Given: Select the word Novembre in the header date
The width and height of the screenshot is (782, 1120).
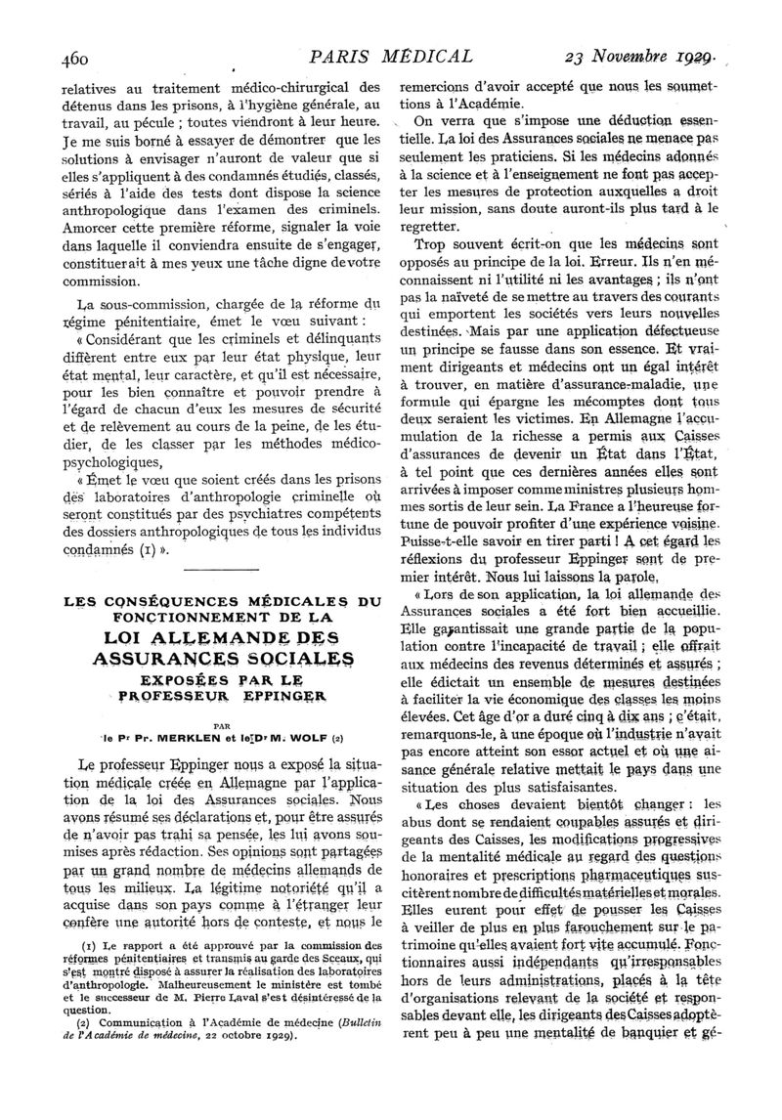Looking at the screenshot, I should pyautogui.click(x=635, y=57).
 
